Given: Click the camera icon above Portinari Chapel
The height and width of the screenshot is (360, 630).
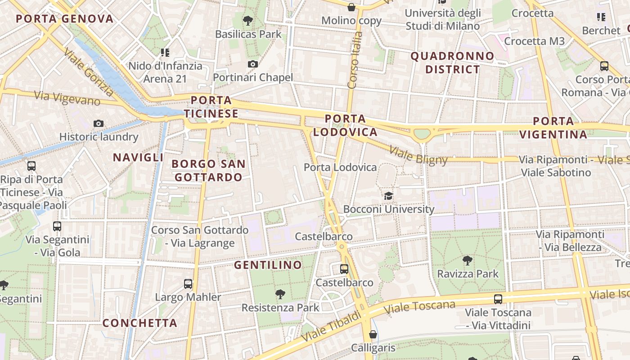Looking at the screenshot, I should (253, 64).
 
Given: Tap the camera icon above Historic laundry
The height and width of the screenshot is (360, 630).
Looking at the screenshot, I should (99, 123).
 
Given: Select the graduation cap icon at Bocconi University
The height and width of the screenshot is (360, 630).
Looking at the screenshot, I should (388, 196).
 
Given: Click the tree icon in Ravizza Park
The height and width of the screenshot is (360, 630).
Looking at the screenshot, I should (468, 260).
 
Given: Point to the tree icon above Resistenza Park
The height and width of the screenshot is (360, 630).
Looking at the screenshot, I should (280, 294).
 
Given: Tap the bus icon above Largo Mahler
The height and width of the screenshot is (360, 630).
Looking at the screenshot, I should (188, 284).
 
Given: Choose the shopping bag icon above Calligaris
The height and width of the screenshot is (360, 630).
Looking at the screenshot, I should (373, 334).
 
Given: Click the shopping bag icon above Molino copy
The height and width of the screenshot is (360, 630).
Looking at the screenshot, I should (351, 7).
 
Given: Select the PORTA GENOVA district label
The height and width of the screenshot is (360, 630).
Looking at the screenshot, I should (65, 19).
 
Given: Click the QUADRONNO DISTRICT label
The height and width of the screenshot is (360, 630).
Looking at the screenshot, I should (452, 63).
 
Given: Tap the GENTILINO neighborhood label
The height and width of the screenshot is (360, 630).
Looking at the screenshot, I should (268, 265).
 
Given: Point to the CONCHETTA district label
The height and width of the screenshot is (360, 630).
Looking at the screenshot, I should (140, 323).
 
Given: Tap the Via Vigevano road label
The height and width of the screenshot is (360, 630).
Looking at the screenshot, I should (67, 98).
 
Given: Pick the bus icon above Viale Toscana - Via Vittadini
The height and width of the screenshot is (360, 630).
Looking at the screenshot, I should (498, 299).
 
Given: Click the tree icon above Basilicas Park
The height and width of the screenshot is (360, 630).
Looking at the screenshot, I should (247, 20).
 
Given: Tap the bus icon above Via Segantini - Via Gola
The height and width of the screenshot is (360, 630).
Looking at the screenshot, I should (57, 226).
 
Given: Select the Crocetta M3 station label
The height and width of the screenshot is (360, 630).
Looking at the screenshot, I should (534, 41).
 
